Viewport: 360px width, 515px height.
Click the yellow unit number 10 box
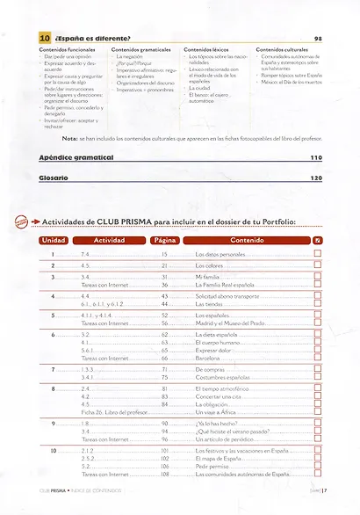[44, 39]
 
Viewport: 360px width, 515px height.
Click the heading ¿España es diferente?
[92, 40]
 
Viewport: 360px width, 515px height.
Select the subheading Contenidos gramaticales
[142, 50]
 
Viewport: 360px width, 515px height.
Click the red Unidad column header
[54, 239]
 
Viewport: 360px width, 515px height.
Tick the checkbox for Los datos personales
[317, 253]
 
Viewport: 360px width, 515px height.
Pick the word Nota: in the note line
[70, 138]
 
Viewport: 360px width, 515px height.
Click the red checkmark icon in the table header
[317, 239]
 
